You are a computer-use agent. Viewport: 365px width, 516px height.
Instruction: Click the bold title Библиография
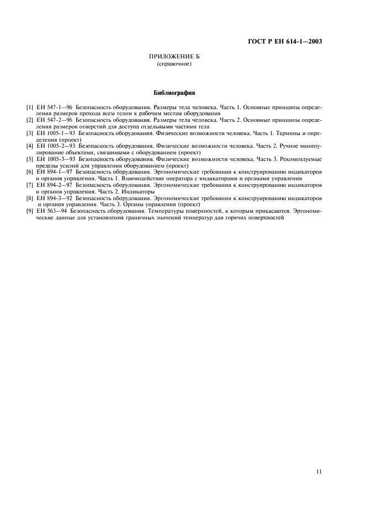[x=174, y=93]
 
